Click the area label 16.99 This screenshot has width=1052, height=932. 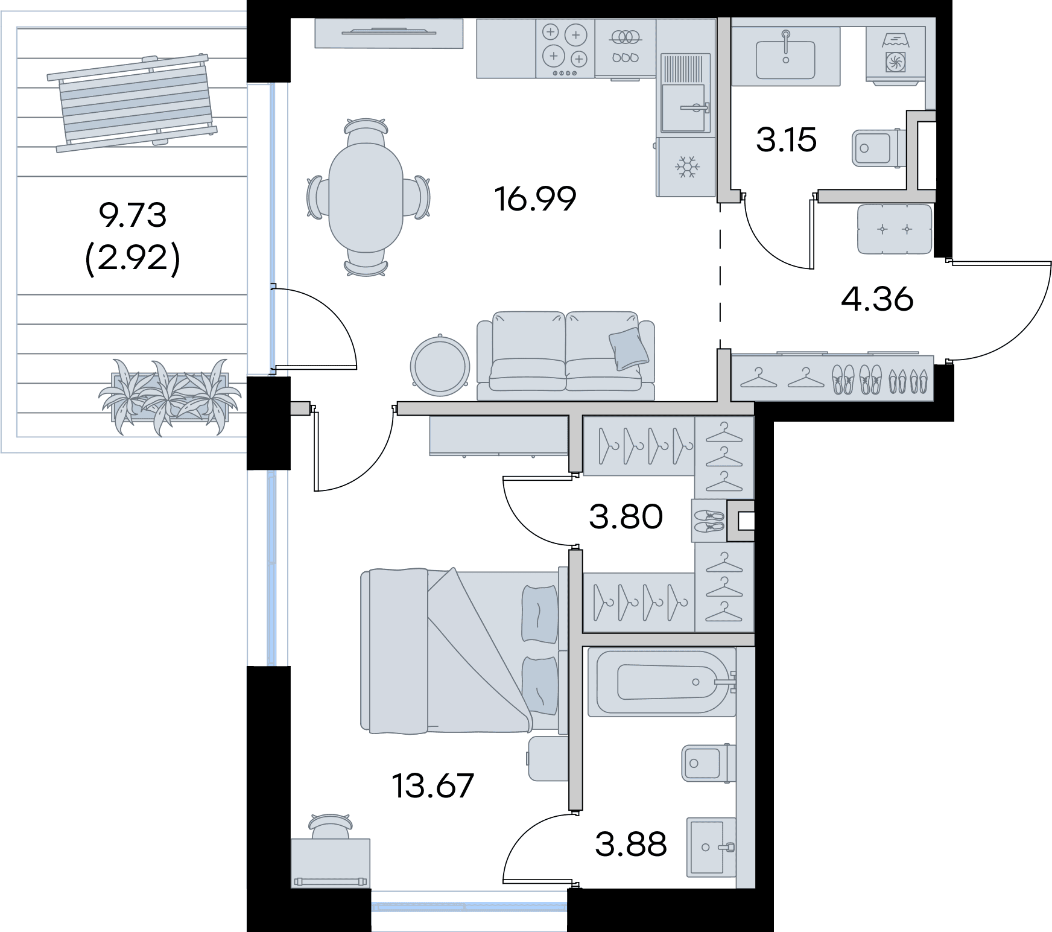click(x=535, y=199)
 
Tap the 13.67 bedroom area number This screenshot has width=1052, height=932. click(x=433, y=785)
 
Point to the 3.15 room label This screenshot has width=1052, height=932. click(x=786, y=140)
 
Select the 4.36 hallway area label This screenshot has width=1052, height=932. click(x=877, y=299)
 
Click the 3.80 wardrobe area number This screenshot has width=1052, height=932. click(x=626, y=516)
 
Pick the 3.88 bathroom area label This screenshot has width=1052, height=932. click(x=630, y=844)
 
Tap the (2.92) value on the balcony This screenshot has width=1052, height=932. click(x=133, y=261)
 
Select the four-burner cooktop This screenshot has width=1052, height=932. click(x=565, y=48)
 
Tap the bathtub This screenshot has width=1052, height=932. click(x=662, y=682)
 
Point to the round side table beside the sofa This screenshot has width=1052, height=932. click(x=439, y=366)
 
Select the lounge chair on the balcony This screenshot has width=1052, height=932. click(x=132, y=103)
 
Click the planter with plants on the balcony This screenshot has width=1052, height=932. click(x=170, y=395)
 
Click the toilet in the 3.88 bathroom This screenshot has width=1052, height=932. click(x=709, y=763)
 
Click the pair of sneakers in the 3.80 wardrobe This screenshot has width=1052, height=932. click(x=709, y=521)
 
